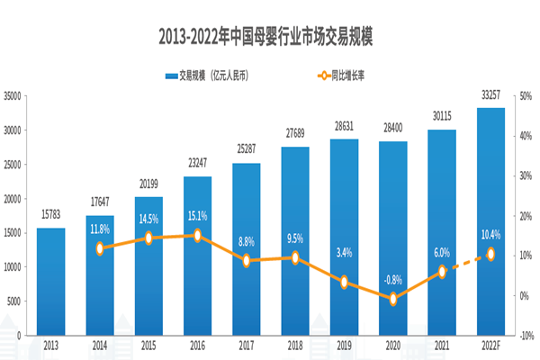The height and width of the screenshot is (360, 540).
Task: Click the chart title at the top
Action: (270, 38)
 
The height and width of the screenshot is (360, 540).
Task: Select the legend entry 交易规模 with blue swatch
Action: (206, 76)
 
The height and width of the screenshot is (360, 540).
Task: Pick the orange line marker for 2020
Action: (393, 299)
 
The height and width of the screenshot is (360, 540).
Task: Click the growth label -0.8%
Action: (393, 278)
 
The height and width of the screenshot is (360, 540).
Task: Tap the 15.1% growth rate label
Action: (198, 215)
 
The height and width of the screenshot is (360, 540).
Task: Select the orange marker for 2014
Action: (101, 248)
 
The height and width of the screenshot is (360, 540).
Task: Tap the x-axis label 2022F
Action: (490, 345)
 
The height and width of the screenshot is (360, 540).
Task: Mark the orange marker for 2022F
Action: (490, 255)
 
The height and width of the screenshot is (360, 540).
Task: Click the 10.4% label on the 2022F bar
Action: (490, 234)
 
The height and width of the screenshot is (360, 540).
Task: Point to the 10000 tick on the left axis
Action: (13, 266)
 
